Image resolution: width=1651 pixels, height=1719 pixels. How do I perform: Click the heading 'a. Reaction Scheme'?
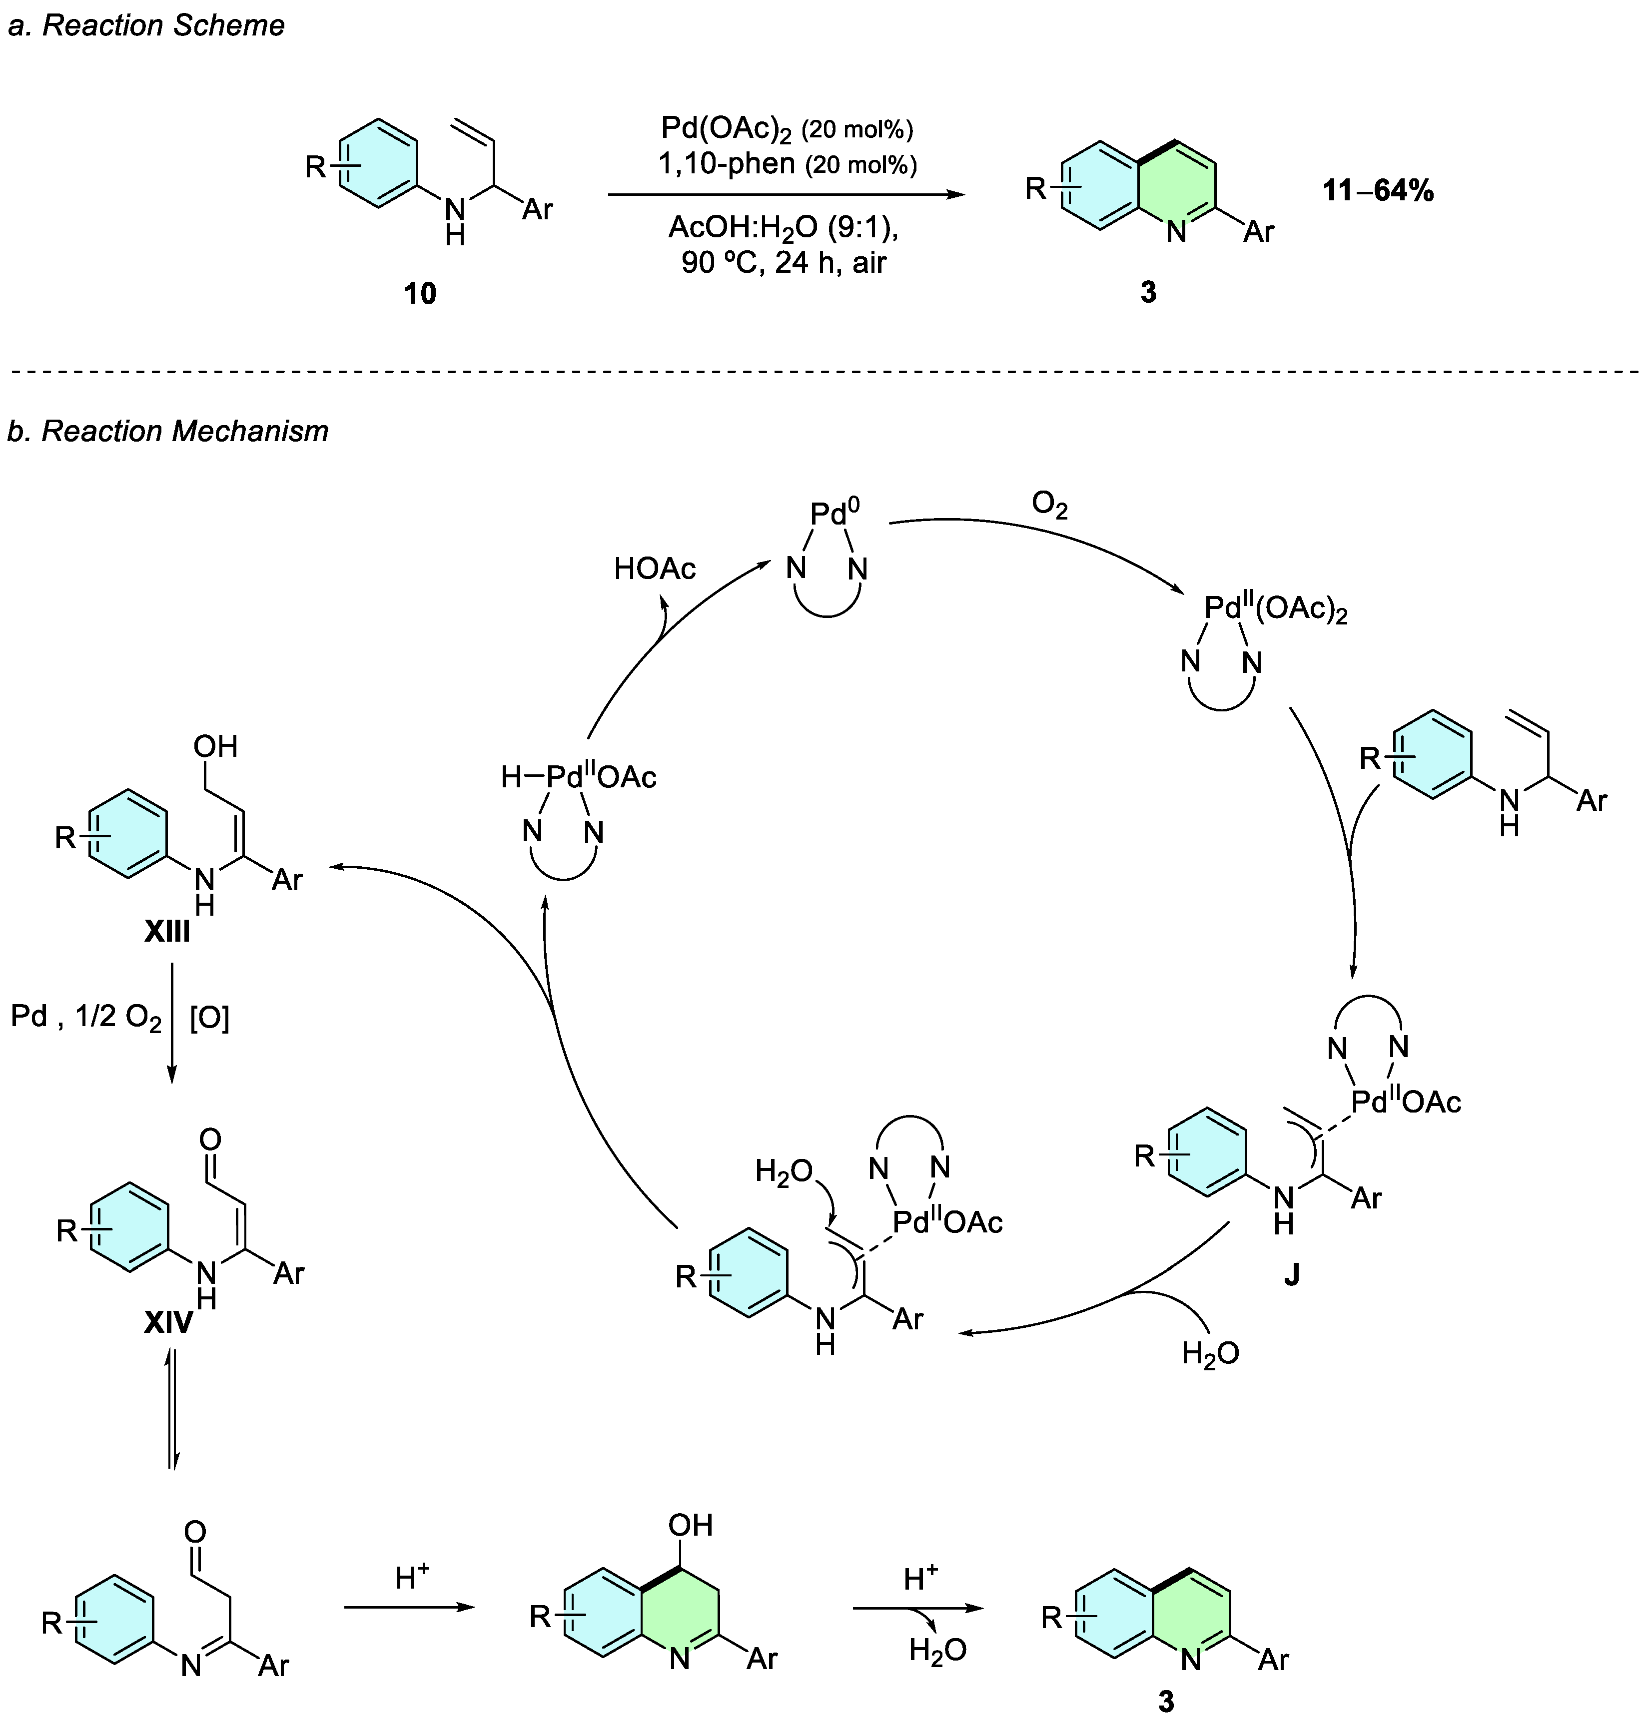click(145, 26)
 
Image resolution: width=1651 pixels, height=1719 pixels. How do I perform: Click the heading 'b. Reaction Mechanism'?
click(167, 432)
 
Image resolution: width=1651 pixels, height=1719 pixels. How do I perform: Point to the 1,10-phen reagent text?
click(727, 163)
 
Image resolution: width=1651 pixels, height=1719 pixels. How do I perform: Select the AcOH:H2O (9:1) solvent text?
click(784, 227)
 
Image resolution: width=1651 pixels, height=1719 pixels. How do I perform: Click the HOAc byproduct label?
click(655, 569)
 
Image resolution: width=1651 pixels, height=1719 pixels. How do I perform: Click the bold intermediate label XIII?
click(167, 931)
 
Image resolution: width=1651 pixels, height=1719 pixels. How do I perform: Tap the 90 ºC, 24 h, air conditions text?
click(784, 262)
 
